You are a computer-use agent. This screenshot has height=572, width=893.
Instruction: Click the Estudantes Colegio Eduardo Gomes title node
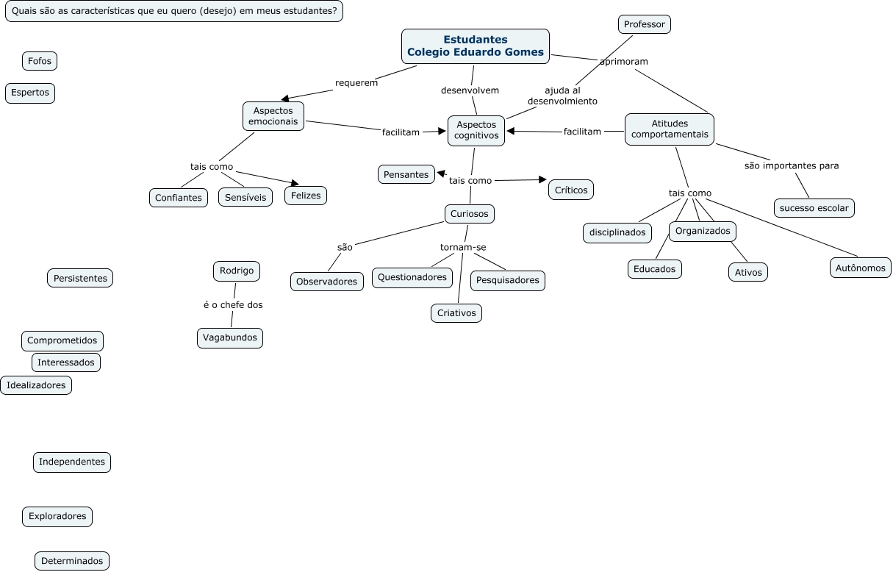tap(476, 46)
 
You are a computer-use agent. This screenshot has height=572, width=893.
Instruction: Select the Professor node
tap(644, 24)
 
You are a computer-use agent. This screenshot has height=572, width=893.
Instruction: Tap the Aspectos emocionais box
tap(273, 116)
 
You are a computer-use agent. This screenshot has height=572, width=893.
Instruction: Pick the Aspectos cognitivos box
tap(476, 130)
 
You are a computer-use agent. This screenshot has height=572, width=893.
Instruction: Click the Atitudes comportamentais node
tap(670, 129)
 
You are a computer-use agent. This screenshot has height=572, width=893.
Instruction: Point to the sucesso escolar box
tap(814, 208)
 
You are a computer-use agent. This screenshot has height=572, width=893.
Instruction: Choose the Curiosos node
tap(470, 214)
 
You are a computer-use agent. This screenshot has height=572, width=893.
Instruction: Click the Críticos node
tap(571, 190)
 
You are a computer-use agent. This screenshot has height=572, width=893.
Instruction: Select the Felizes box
tap(306, 196)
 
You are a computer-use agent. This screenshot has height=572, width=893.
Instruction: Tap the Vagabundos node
tap(230, 337)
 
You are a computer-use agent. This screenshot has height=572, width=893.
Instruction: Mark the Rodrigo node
tap(237, 271)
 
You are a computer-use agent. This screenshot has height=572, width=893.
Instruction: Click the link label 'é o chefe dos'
tap(233, 304)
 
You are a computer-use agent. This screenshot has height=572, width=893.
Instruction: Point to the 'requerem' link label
tap(356, 82)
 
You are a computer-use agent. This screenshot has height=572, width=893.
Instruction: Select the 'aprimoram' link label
tap(624, 62)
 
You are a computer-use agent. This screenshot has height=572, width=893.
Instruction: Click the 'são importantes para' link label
tap(792, 165)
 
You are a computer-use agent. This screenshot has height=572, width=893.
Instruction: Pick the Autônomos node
tap(861, 268)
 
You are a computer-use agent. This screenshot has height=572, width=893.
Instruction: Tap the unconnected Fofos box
tap(40, 61)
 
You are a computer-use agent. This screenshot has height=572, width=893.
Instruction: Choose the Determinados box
tap(72, 561)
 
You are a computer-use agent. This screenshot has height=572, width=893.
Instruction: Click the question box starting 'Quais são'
tap(174, 11)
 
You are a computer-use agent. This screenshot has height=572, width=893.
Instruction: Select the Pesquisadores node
tap(508, 280)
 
